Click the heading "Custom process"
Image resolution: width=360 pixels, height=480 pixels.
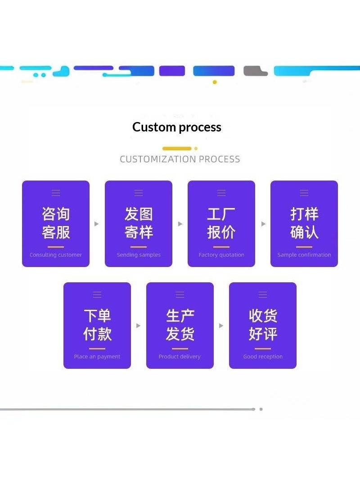[x=177, y=127]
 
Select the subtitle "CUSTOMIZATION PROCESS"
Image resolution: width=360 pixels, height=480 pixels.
[x=180, y=159]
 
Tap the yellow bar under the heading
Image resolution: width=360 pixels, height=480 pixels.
[x=177, y=149]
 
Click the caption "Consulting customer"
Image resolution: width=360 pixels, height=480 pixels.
[x=56, y=255]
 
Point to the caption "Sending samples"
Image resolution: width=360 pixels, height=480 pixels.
[x=139, y=255]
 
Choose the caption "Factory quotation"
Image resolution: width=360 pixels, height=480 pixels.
[x=221, y=255]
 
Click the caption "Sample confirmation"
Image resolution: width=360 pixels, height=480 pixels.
[x=304, y=255]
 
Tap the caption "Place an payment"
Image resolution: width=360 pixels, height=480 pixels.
[x=97, y=356]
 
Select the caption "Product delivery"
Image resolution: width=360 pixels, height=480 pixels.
[x=180, y=356]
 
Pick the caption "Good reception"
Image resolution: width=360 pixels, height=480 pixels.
[x=263, y=356]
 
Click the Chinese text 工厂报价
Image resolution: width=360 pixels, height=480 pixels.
[x=221, y=223]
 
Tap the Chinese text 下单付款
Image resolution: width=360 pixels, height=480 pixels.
[x=97, y=325]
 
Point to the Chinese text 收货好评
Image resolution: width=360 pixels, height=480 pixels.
[x=263, y=325]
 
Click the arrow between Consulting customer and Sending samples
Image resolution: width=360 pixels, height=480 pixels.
[x=96, y=224]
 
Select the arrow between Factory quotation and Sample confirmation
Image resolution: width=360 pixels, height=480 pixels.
[x=263, y=224]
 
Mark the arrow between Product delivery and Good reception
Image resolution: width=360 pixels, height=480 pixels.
[x=221, y=326]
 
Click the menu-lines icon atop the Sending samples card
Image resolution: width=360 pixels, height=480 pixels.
[x=139, y=193]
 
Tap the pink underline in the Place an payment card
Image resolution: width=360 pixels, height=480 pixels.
[x=97, y=349]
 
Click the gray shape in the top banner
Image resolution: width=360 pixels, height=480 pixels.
[x=255, y=71]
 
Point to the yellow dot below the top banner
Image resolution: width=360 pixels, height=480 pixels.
[x=215, y=82]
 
